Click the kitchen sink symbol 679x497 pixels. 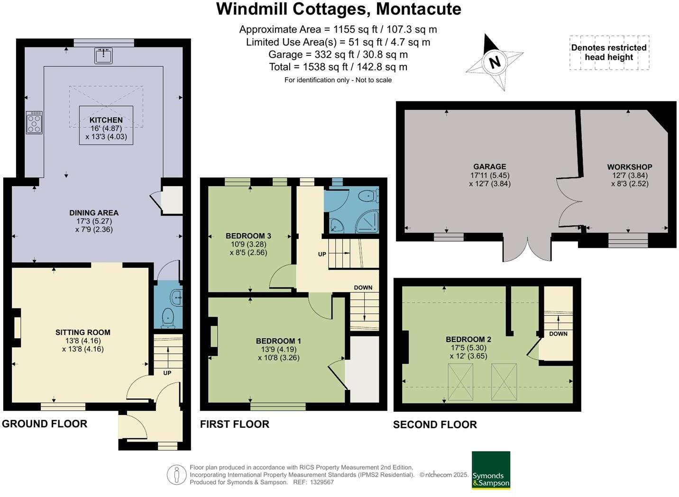(x=103, y=55)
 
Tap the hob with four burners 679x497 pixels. (x=34, y=123)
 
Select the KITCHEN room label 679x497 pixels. (x=106, y=120)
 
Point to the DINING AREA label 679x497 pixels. (x=94, y=213)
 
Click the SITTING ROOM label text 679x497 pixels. (x=83, y=332)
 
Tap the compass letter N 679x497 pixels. (x=495, y=62)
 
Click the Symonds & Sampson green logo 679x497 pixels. (x=491, y=470)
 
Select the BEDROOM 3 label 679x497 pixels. (x=248, y=235)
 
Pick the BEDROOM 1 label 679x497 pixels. (x=278, y=341)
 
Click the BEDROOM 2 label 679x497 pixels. (x=468, y=339)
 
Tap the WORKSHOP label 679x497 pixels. (x=629, y=167)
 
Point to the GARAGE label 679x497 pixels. (x=489, y=166)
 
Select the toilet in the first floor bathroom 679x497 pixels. (x=368, y=196)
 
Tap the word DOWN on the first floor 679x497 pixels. (x=363, y=288)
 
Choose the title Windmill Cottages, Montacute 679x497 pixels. (x=339, y=9)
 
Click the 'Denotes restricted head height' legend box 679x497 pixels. (x=609, y=53)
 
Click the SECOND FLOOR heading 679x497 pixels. (x=435, y=425)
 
